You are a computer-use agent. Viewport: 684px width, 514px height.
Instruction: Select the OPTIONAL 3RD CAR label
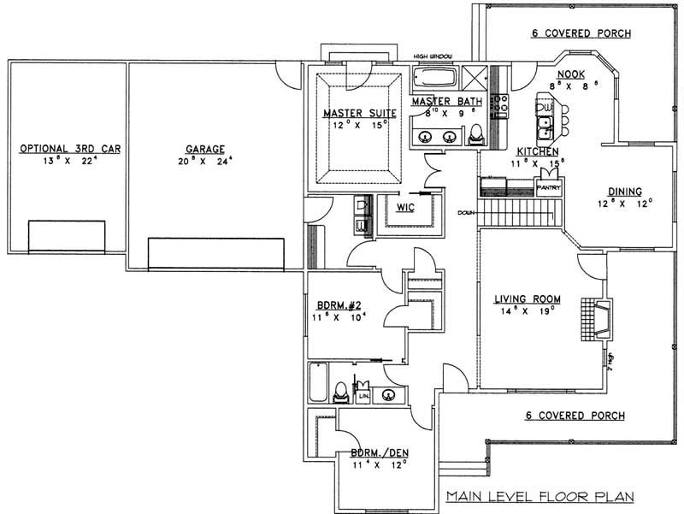[x=70, y=148]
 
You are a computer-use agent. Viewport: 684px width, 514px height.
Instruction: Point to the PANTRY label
[x=547, y=182]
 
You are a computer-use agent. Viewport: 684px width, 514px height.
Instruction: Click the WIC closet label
[x=405, y=207]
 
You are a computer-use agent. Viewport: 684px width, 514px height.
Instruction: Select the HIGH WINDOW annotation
[x=433, y=57]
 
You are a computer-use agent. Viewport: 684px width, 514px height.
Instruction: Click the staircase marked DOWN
[x=517, y=212]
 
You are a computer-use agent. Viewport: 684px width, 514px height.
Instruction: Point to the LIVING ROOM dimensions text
[x=528, y=312]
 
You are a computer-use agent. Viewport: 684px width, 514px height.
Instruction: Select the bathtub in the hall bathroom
[x=318, y=383]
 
